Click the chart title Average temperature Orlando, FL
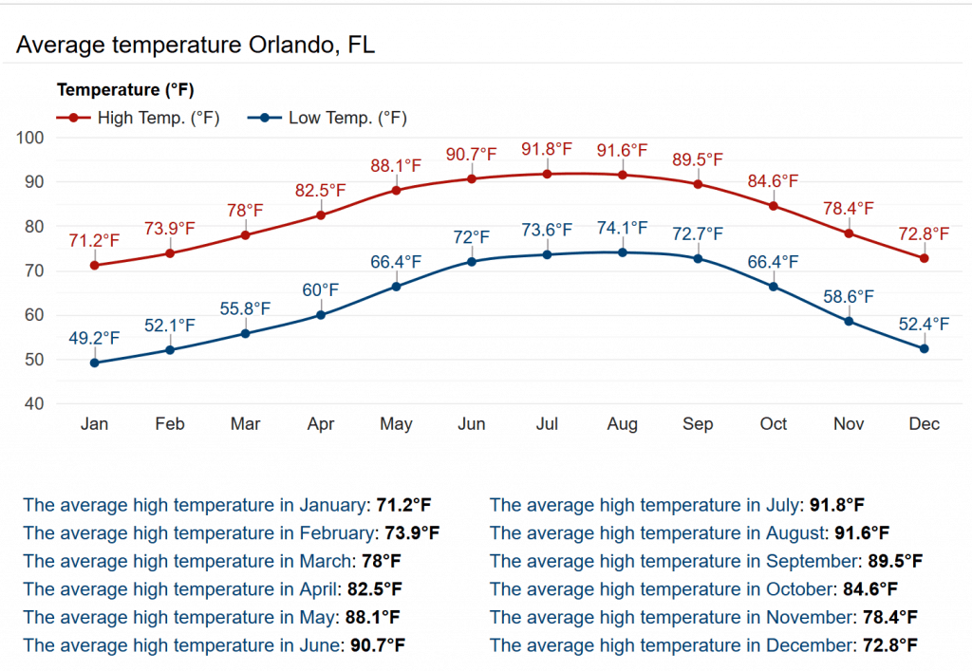196,45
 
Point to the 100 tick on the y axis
31,138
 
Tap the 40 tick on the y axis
35,404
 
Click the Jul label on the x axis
547,424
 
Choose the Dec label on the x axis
924,424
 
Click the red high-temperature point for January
95,265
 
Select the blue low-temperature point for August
622,252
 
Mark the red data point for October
774,206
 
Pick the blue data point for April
321,315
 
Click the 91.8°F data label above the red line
547,150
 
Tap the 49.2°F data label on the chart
94,338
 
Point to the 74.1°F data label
622,228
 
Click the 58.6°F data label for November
849,297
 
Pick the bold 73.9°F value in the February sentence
409,532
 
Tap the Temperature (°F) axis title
125,91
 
